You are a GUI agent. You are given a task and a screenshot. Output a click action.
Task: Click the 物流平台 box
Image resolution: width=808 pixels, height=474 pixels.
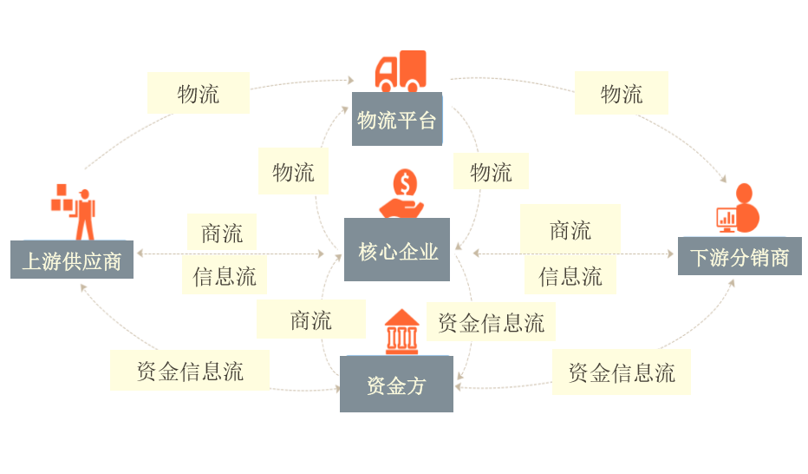(397, 119)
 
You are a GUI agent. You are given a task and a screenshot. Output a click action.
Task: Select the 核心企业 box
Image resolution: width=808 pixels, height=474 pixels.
(397, 250)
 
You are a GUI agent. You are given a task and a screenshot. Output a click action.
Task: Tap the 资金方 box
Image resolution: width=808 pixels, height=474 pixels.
(396, 384)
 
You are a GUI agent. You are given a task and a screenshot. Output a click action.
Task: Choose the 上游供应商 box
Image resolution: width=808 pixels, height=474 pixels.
(72, 260)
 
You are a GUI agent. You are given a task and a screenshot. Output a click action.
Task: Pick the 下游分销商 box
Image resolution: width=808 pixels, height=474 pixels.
(740, 256)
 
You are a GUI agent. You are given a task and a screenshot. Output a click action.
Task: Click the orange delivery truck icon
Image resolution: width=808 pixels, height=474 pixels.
(401, 71)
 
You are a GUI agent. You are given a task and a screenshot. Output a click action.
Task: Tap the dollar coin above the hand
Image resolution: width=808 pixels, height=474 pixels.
(405, 182)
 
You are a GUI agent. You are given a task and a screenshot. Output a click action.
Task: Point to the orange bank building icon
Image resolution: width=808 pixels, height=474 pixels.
(402, 332)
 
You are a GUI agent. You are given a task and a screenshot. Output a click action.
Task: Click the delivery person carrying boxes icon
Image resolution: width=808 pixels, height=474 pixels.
(73, 212)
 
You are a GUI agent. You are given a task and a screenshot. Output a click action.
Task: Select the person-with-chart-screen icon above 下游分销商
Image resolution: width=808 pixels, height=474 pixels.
(739, 208)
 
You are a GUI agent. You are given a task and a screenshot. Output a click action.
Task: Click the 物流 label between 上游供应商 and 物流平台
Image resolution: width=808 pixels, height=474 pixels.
(199, 94)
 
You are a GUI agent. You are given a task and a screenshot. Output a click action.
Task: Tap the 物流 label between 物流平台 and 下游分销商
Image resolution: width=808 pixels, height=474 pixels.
(622, 94)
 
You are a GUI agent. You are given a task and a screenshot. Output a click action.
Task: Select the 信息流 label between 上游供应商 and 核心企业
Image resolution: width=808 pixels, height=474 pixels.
(225, 276)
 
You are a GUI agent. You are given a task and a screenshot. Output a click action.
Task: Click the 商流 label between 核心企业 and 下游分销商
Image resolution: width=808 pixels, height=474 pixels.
(570, 229)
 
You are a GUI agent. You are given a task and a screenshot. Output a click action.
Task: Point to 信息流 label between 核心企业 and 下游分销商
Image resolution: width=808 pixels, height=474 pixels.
(570, 276)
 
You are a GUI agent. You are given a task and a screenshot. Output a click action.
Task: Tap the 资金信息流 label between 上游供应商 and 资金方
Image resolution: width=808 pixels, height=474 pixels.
(190, 371)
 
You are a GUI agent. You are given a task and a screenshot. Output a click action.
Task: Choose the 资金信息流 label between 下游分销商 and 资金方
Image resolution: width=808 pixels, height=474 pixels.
(622, 372)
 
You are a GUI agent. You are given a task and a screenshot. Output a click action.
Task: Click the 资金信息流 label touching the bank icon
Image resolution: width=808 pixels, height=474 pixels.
(491, 322)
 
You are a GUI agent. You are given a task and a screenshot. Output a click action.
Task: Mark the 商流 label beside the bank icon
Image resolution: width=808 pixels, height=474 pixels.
(311, 319)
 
